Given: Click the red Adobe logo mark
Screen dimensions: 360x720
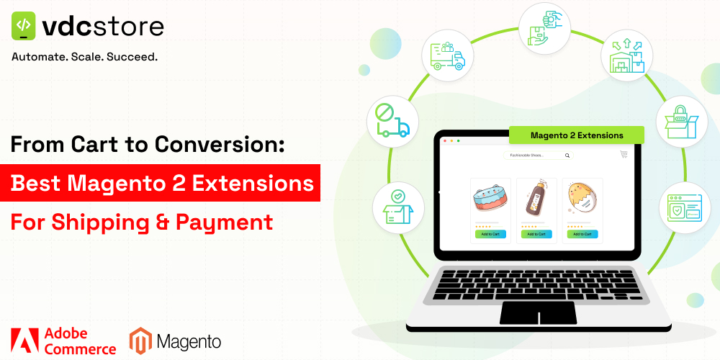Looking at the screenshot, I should point(23,340).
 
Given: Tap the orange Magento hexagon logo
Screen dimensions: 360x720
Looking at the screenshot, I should point(140,341).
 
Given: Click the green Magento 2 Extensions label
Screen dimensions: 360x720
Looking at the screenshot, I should point(576,135).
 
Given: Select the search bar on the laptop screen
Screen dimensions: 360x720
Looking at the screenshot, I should point(539,155).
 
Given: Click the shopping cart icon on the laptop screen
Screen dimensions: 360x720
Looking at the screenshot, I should point(624,154).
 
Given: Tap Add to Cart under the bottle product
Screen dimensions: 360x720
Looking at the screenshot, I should point(536,233).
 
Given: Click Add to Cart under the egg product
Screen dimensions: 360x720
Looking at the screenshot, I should point(582,233).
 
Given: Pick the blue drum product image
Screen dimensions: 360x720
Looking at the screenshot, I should point(490,201).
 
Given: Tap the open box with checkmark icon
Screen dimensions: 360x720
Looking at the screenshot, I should point(397,207).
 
